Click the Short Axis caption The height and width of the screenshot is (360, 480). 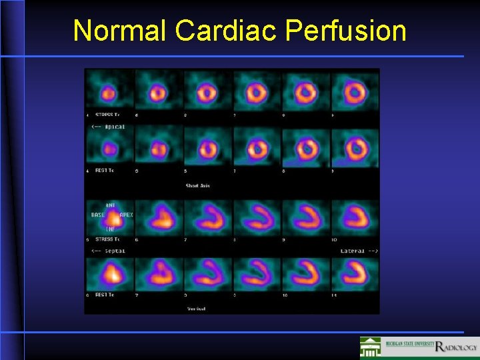click(x=197, y=185)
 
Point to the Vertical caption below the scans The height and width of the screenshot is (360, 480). click(x=195, y=309)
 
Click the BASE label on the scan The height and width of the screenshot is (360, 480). click(x=98, y=215)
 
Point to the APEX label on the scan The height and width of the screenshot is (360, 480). click(x=125, y=215)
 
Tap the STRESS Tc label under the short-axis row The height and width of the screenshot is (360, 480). click(x=108, y=114)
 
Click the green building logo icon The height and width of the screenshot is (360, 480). click(x=371, y=347)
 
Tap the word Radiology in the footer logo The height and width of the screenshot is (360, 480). click(x=456, y=347)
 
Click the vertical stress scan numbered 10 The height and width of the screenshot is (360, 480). click(x=355, y=217)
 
